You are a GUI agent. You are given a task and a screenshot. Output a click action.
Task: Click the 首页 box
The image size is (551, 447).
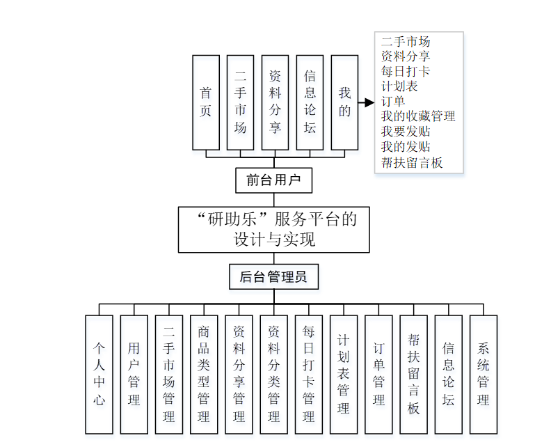click(205, 102)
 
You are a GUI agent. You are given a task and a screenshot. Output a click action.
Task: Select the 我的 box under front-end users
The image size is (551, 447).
click(344, 102)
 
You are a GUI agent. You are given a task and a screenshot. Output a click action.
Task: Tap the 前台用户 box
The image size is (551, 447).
click(273, 181)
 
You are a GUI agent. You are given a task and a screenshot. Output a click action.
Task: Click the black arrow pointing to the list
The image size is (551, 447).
click(367, 103)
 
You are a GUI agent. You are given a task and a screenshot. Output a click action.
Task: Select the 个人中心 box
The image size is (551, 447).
click(99, 375)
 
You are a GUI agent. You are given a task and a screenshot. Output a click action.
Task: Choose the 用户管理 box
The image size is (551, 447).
click(134, 375)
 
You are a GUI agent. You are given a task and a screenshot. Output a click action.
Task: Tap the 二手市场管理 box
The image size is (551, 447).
click(168, 375)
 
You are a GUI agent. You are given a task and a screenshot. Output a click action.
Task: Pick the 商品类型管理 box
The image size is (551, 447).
click(204, 375)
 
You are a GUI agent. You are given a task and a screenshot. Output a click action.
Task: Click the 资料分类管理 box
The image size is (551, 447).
click(273, 375)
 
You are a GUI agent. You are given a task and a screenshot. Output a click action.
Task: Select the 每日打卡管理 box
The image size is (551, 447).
click(308, 375)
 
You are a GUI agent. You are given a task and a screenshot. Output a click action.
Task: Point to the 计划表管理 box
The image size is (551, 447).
click(344, 375)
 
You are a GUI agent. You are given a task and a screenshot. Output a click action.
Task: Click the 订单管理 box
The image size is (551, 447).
click(378, 375)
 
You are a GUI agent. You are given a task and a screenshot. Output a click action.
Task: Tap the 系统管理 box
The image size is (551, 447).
click(484, 375)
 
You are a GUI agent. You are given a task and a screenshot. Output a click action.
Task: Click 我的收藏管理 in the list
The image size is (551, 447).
click(417, 116)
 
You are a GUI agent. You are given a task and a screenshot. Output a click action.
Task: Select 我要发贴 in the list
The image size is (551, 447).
click(406, 132)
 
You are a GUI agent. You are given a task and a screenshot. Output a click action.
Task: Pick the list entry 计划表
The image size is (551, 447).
click(399, 86)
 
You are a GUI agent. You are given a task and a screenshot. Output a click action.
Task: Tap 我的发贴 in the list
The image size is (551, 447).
click(406, 147)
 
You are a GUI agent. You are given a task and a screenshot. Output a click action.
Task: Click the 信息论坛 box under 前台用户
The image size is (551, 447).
click(310, 102)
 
